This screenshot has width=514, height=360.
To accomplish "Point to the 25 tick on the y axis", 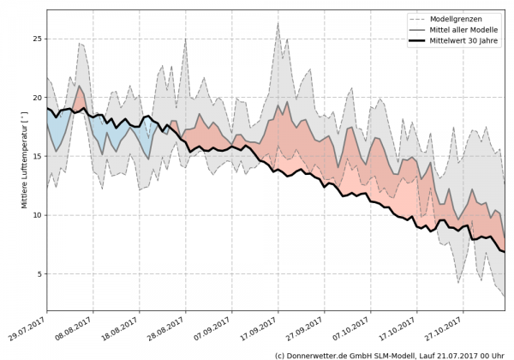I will click(x=38, y=39).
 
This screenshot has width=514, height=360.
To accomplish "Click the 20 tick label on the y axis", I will click(x=38, y=98).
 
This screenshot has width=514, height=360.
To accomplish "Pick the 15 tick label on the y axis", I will click(x=38, y=157).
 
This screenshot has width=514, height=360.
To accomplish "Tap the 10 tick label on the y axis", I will click(x=38, y=215).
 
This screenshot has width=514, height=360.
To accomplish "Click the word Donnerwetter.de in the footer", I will click(x=322, y=354).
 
